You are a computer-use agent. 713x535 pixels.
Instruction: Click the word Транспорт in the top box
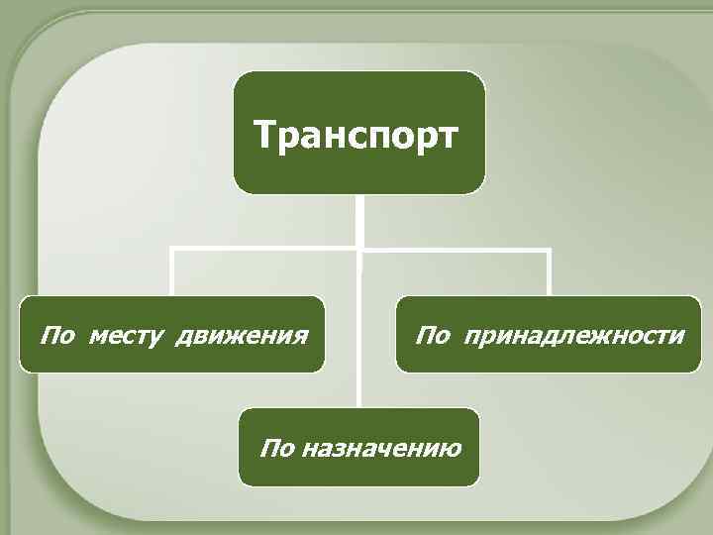pos(356,134)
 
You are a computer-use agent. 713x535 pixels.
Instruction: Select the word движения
pos(240,335)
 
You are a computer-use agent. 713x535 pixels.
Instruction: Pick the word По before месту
pos(56,335)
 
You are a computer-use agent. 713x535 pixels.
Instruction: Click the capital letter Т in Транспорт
pos(262,134)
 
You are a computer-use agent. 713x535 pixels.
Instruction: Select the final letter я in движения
pos(296,336)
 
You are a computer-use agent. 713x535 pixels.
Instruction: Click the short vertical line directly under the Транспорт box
pos(360,219)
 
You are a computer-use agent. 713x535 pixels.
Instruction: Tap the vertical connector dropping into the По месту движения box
pos(172,272)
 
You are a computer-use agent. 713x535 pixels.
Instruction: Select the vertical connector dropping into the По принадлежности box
pos(549,272)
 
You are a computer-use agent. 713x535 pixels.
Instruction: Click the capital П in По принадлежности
pos(424,335)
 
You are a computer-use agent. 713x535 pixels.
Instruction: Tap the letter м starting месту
pos(96,336)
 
